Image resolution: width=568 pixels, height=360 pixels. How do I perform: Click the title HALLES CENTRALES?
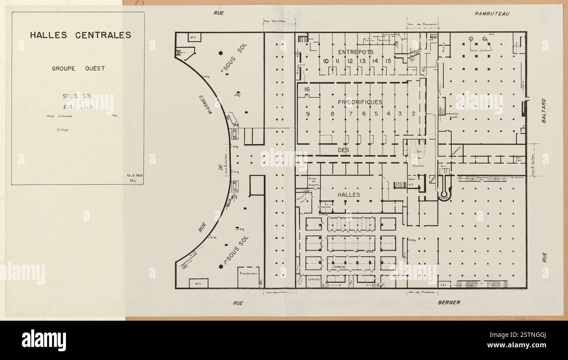(x=80, y=35)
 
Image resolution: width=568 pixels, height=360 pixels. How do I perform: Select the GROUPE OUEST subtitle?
(x=78, y=68)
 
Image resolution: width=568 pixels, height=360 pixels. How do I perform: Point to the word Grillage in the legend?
(x=57, y=130)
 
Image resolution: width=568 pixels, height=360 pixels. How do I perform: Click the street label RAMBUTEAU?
(x=492, y=14)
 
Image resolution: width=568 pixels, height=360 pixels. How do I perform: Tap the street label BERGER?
(x=449, y=302)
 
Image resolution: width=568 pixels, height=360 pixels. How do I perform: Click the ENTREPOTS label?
(x=356, y=52)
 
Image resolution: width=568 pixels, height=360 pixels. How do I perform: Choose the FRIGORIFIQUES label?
(x=360, y=102)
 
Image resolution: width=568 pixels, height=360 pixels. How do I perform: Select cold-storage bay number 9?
(x=308, y=114)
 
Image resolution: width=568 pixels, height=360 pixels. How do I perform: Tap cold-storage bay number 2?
(x=413, y=114)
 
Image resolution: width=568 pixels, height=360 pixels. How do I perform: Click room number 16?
(x=307, y=90)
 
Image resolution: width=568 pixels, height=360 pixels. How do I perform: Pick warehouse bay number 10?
(x=326, y=61)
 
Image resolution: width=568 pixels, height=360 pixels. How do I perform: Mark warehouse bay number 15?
(x=388, y=61)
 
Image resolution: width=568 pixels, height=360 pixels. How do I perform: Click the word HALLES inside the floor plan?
(x=349, y=195)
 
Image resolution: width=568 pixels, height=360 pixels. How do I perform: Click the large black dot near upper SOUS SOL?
(x=221, y=53)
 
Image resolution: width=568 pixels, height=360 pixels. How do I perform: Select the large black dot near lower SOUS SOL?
(x=221, y=267)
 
